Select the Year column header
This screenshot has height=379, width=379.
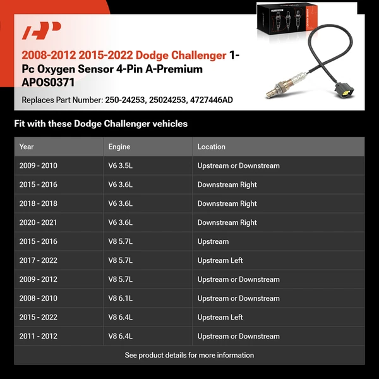27,147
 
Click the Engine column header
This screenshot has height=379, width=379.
119,147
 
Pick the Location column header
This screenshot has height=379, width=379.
211,147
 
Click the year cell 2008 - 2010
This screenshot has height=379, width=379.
39,298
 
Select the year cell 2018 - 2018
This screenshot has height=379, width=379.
39,203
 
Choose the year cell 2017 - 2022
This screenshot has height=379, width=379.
39,260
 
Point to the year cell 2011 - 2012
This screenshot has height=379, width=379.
39,336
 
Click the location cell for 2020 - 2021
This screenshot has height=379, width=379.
227,222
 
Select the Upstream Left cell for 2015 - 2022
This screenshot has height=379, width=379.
220,317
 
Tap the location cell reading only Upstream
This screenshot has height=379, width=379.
213,241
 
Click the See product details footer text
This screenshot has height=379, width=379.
189,355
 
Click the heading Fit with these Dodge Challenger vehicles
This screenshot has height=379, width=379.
101,124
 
